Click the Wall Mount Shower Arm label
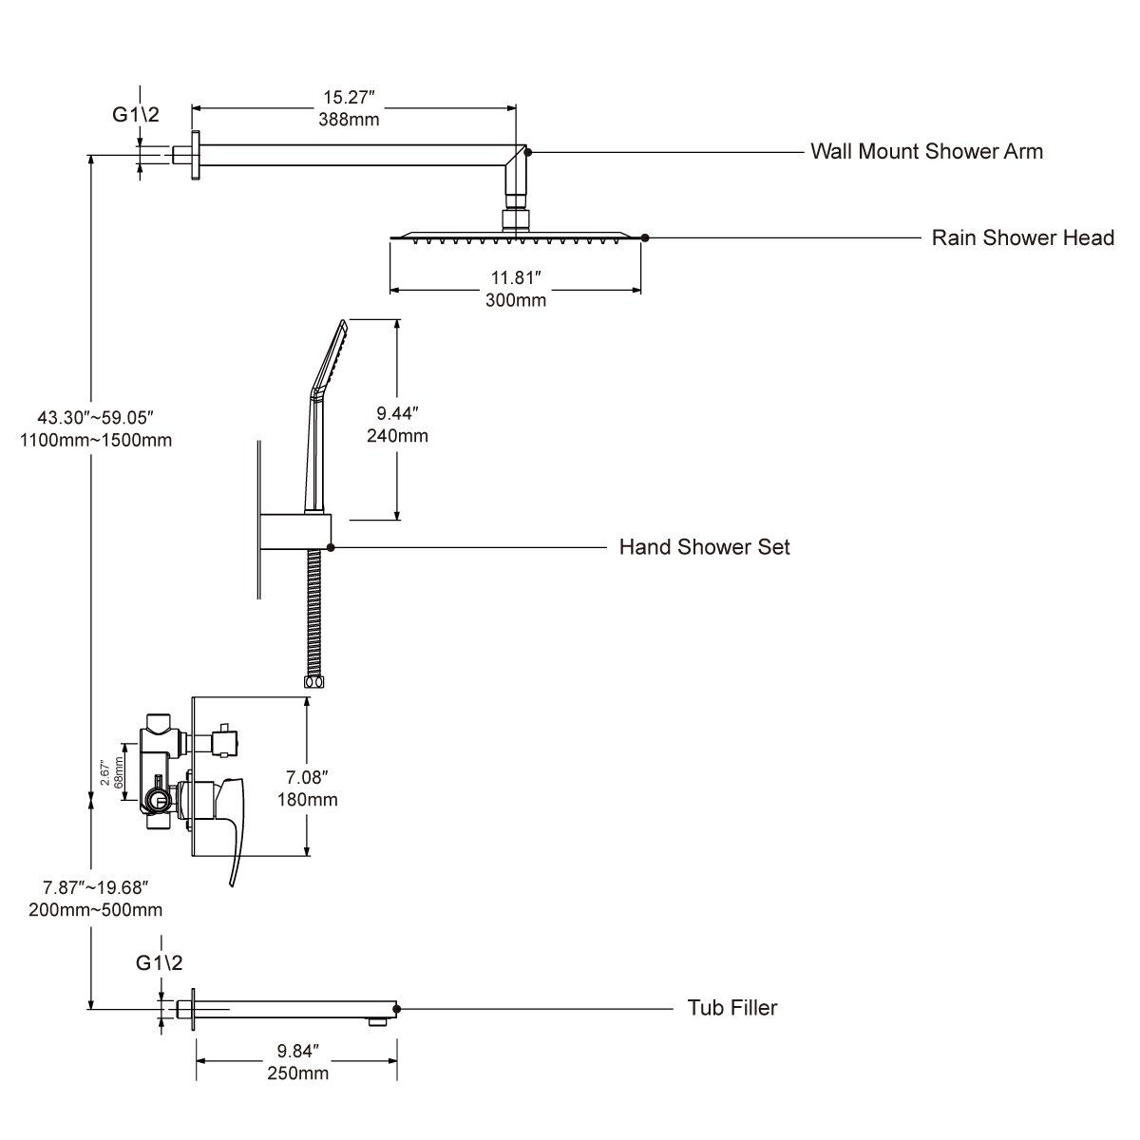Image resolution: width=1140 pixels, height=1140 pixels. [926, 151]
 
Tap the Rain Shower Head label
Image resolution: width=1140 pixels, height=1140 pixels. [1022, 237]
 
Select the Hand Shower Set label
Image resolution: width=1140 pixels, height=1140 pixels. [704, 547]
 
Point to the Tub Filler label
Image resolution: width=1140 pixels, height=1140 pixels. [731, 1008]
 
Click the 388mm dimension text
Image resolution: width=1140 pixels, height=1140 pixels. [352, 119]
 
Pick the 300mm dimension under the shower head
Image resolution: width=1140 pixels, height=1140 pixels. [517, 300]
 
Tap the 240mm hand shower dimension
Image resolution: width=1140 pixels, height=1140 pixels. [397, 436]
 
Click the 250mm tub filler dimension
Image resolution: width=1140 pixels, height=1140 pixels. [298, 1073]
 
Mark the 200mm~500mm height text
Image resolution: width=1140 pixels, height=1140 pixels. [96, 909]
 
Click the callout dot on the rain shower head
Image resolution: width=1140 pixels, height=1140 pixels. [645, 237]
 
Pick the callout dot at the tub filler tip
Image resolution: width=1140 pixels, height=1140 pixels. [397, 1009]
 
